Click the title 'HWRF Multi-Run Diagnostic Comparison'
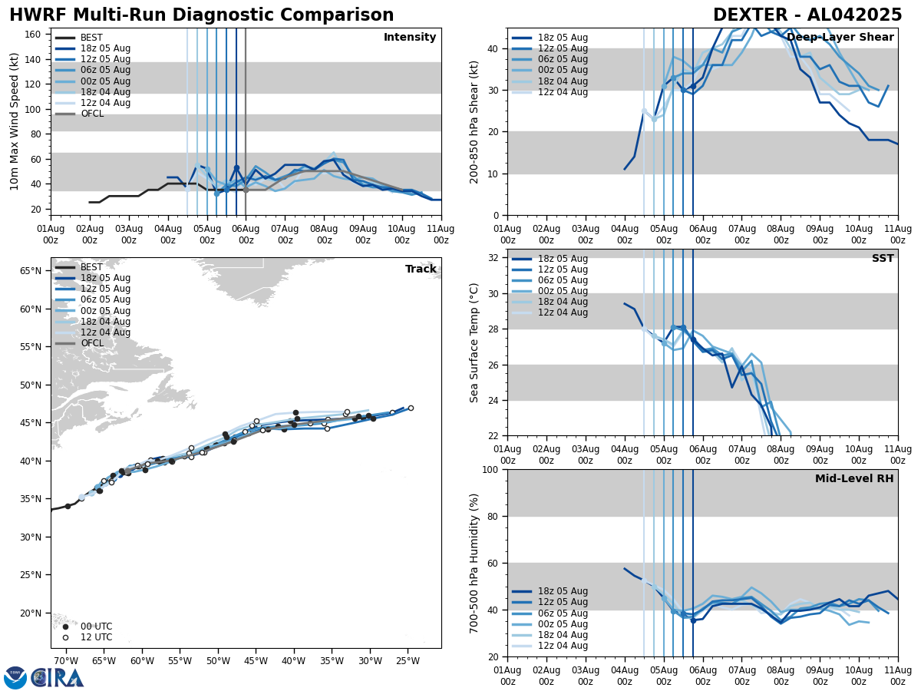201,15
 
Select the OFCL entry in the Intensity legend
92,114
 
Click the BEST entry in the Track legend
91,267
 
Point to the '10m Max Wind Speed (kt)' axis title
14,121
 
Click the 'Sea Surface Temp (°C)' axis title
474,342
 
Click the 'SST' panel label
883,259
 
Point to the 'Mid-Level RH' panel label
854,479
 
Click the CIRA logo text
58,678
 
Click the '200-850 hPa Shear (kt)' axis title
474,121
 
